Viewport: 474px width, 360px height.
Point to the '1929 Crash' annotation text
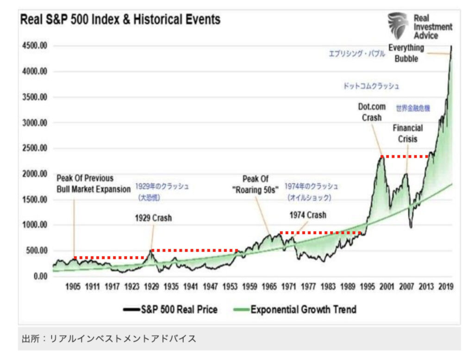tap(153, 218)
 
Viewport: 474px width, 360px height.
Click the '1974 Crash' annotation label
tap(308, 215)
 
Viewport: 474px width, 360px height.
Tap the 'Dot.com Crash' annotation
tap(372, 112)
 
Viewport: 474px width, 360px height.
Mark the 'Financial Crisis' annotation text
tap(407, 133)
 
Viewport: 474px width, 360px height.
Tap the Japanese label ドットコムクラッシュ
tap(371, 86)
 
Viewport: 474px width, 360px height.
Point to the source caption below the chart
tap(109, 339)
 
